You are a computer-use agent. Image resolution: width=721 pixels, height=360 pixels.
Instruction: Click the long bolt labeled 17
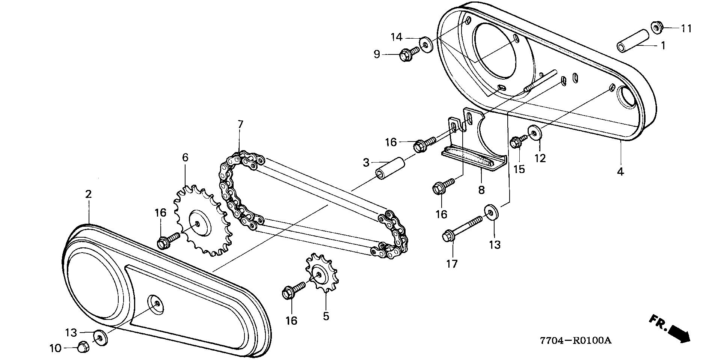[x=463, y=228]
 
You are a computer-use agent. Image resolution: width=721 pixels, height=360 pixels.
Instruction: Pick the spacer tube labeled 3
[x=391, y=169]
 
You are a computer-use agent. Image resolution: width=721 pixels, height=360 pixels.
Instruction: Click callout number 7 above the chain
[x=240, y=124]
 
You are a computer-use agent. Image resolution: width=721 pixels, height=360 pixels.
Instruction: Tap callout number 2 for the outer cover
[x=89, y=194]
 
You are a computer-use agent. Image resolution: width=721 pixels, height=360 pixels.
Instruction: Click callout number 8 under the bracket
[x=481, y=190]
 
